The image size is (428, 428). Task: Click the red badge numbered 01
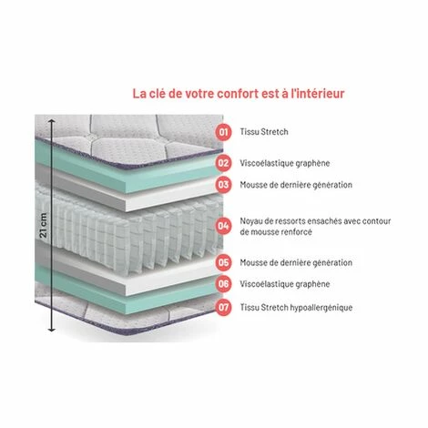pyautogui.click(x=224, y=132)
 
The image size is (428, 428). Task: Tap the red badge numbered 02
pyautogui.click(x=224, y=164)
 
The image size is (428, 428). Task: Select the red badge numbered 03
pyautogui.click(x=224, y=184)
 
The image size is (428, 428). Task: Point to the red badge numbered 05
pyautogui.click(x=224, y=262)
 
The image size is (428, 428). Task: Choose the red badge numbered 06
pyautogui.click(x=224, y=283)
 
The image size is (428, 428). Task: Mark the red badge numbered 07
pyautogui.click(x=224, y=308)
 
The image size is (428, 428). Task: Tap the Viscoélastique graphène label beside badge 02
pyautogui.click(x=285, y=164)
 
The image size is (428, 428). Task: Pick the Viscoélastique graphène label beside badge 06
pyautogui.click(x=285, y=283)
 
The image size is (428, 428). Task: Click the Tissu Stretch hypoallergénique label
pyautogui.click(x=297, y=308)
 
